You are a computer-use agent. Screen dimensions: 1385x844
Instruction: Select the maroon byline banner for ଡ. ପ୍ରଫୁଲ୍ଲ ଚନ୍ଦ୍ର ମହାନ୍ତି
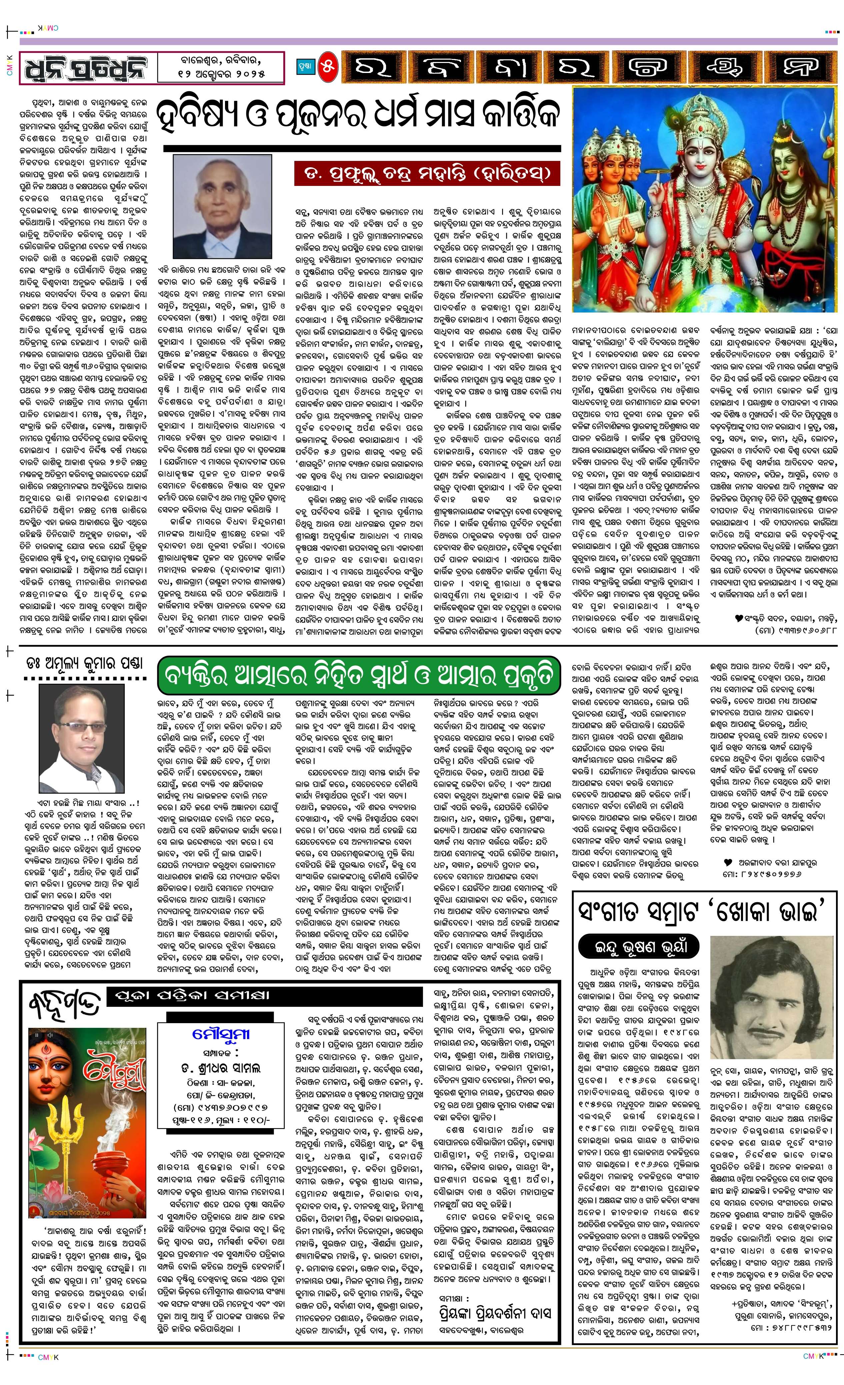[427, 173]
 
